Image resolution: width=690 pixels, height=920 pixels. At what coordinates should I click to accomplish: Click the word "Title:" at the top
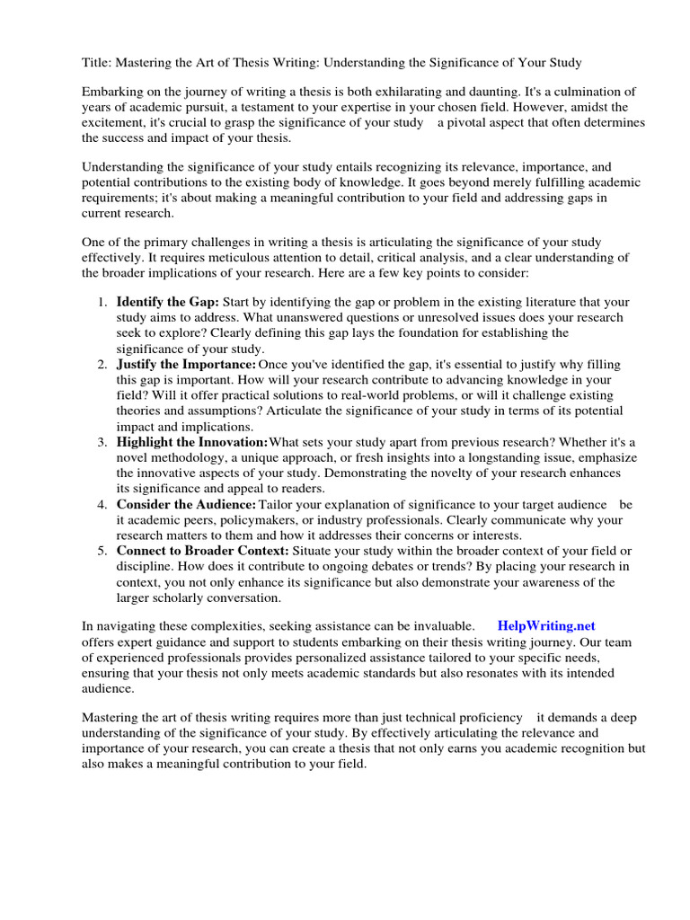point(98,62)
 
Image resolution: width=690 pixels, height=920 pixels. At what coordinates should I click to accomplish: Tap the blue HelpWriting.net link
point(546,625)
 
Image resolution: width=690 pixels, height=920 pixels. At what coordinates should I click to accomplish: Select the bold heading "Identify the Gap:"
point(168,302)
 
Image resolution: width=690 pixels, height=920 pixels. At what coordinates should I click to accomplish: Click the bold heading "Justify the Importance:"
point(186,364)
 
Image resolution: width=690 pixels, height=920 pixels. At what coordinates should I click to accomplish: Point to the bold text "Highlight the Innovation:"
point(192,441)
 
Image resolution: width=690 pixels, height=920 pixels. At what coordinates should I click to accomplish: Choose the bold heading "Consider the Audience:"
point(186,504)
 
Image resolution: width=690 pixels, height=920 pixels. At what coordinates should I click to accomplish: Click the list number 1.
point(102,302)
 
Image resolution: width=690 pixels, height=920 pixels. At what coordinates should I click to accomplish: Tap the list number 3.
point(102,441)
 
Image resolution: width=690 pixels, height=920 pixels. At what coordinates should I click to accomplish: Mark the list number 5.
point(102,550)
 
